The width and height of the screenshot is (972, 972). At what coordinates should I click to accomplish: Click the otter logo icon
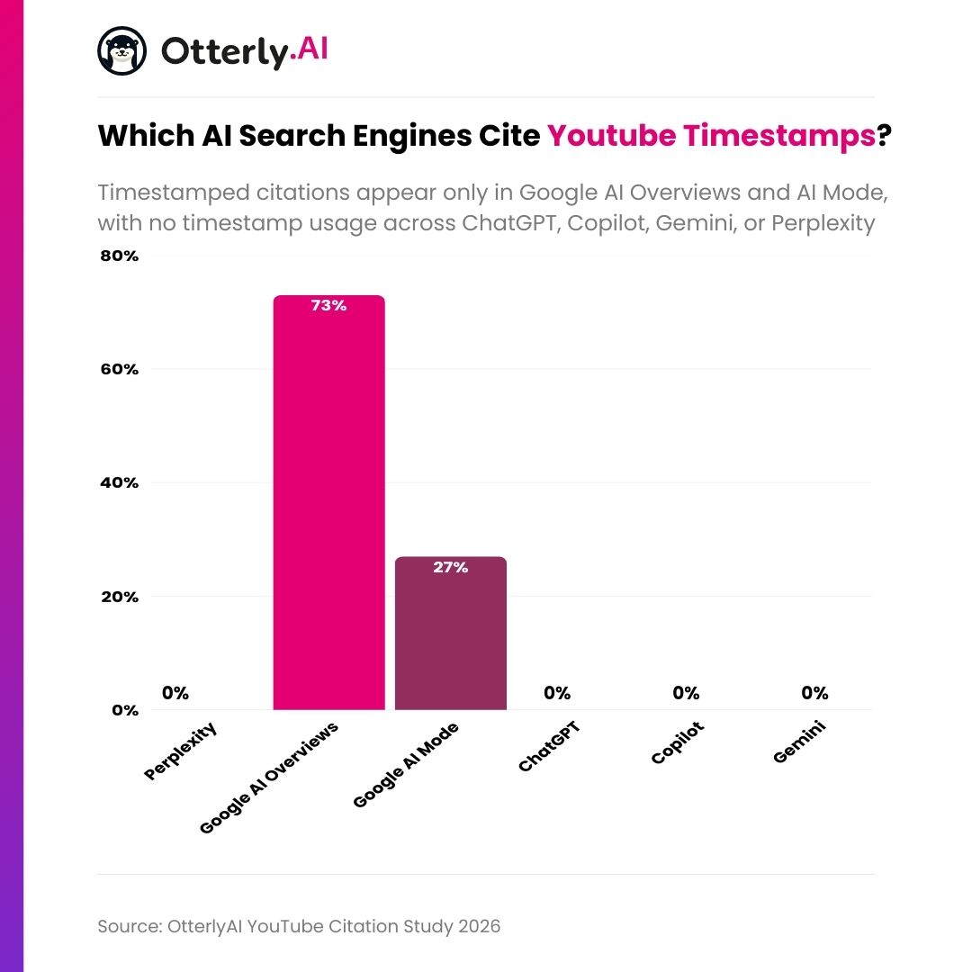tap(121, 50)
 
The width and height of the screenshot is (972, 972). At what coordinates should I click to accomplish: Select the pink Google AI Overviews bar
tap(328, 504)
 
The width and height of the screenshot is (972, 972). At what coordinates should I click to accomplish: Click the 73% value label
tap(328, 306)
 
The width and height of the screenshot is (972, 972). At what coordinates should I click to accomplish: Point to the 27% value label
tap(450, 568)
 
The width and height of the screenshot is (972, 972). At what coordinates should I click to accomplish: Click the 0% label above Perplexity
tap(175, 693)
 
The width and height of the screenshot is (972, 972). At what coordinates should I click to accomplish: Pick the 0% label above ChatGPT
tap(557, 693)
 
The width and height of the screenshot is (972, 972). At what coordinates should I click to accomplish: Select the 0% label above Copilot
tap(686, 693)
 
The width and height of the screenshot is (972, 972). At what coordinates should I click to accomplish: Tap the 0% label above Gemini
tap(814, 693)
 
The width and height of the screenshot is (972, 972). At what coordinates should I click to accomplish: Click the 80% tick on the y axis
tap(118, 256)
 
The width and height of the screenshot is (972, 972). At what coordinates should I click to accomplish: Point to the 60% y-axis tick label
tap(118, 370)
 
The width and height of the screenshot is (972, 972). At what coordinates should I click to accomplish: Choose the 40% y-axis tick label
tap(118, 483)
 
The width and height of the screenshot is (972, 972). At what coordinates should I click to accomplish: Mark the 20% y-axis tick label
tap(118, 597)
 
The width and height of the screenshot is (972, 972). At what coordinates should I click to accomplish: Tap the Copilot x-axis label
tap(678, 742)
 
